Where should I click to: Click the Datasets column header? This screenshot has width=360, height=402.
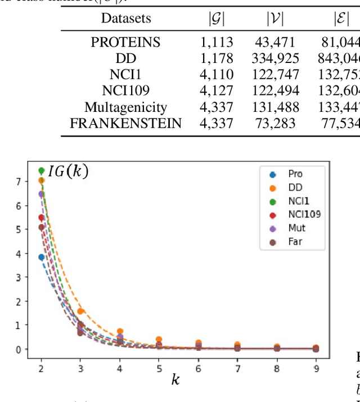[126, 18]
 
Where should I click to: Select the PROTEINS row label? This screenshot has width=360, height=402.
[126, 42]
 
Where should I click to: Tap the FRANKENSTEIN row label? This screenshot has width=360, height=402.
[126, 123]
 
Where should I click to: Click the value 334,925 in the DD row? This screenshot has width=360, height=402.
[276, 58]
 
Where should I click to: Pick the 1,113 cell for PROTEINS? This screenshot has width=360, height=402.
[217, 42]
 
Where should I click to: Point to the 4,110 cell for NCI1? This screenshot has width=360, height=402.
[217, 75]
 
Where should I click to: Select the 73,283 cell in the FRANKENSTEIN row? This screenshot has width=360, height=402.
[276, 123]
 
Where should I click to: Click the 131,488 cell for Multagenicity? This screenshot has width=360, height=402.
[276, 107]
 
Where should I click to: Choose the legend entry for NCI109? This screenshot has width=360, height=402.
[292, 215]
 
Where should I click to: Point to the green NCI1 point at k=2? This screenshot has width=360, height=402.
[41, 170]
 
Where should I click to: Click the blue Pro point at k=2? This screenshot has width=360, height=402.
[41, 257]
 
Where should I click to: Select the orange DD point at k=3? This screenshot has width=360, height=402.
[80, 311]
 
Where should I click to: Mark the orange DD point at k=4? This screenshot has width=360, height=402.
[120, 332]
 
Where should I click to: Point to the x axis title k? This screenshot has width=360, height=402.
[176, 380]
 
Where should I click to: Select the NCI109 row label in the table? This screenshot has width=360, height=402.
[126, 91]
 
